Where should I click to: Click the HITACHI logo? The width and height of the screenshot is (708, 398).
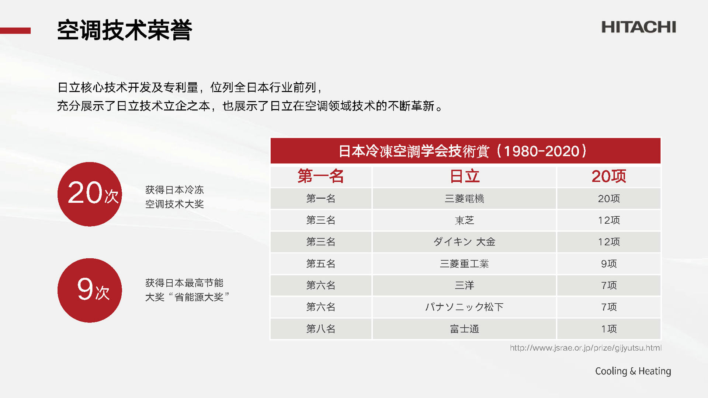click(x=639, y=27)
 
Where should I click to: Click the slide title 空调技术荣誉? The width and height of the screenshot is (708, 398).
click(x=125, y=30)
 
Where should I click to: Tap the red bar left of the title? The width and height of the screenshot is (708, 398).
click(x=15, y=31)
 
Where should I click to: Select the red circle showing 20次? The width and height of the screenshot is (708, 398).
click(x=90, y=194)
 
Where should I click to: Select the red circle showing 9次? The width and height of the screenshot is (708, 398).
click(x=90, y=290)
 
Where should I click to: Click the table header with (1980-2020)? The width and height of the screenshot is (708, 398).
click(x=465, y=151)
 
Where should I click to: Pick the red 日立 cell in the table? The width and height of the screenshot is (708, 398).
click(x=464, y=177)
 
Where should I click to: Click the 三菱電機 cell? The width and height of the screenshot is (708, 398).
click(x=464, y=199)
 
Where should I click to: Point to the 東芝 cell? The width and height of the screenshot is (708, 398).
click(x=464, y=220)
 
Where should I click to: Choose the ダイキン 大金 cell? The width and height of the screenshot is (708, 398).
click(x=464, y=242)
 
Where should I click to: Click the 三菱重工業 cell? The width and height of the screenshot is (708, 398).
click(x=464, y=263)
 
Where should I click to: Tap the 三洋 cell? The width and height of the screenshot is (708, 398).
click(x=464, y=285)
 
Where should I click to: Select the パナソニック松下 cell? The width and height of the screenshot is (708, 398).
click(x=464, y=307)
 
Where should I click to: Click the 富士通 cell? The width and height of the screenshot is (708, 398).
click(x=464, y=329)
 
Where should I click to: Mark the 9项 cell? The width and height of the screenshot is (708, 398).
click(x=608, y=263)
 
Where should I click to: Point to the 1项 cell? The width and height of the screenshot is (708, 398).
click(x=608, y=329)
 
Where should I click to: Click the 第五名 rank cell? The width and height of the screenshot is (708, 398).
click(x=321, y=263)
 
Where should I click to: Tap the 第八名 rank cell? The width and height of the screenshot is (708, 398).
click(x=321, y=329)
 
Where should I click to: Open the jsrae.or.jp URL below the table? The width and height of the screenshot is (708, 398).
click(x=586, y=348)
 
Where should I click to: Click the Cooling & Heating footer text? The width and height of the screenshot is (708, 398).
click(x=633, y=371)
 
